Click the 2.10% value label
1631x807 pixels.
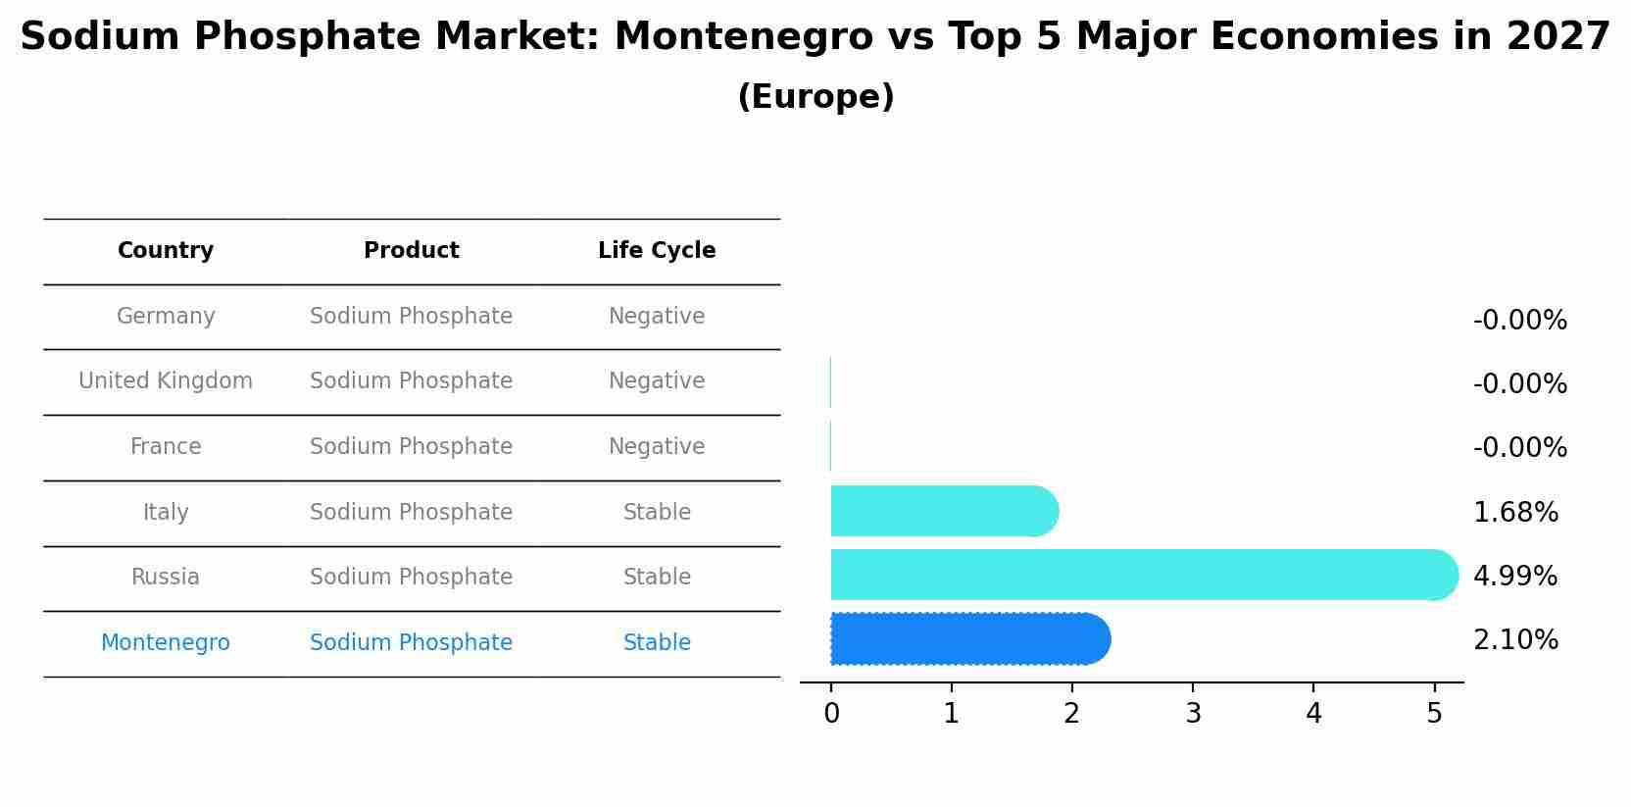1515,640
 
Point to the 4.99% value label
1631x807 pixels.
1515,577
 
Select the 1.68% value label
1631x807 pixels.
1515,513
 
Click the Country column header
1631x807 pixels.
166,251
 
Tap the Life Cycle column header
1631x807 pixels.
657,251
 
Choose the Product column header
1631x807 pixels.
411,251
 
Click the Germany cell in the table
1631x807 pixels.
166,317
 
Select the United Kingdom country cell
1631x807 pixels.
166,381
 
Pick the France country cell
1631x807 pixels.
166,447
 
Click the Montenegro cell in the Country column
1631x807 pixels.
166,643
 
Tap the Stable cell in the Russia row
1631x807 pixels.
657,578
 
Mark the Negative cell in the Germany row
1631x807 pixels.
657,317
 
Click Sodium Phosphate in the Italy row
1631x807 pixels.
411,513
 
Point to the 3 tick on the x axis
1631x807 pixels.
1193,714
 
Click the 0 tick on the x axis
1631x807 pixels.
831,714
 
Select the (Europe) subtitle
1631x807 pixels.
815,97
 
